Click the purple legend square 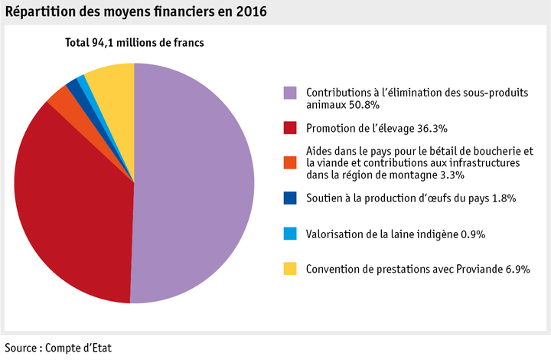pos(290,93)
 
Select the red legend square pos(290,127)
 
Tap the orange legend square pos(290,162)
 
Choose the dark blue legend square pos(290,198)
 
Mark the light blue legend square pos(290,233)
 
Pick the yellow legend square pos(290,268)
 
